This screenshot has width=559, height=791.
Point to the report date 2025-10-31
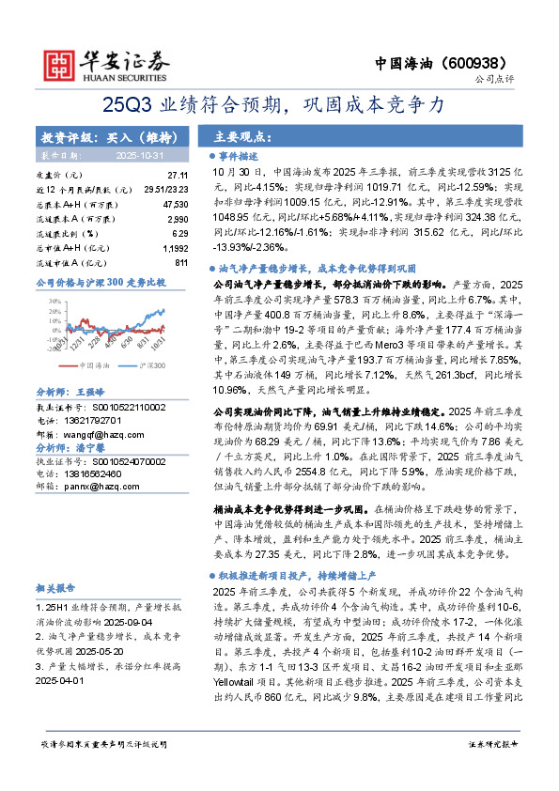point(139,154)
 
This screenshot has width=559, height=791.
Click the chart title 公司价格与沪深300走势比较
point(101,282)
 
